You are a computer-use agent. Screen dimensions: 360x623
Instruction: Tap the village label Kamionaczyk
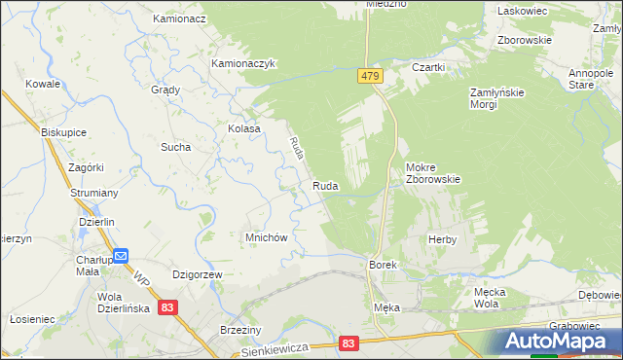[244, 63]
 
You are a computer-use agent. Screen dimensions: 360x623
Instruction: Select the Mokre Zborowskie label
[433, 172]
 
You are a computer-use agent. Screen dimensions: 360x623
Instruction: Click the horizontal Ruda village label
[325, 185]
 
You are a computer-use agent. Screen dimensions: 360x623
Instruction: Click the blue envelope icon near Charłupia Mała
[121, 256]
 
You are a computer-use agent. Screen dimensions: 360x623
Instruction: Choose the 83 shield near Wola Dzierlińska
[169, 306]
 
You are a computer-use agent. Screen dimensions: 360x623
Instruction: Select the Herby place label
[442, 238]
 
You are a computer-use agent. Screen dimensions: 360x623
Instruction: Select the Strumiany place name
[93, 193]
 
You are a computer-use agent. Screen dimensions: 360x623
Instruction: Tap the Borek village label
[381, 265]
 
